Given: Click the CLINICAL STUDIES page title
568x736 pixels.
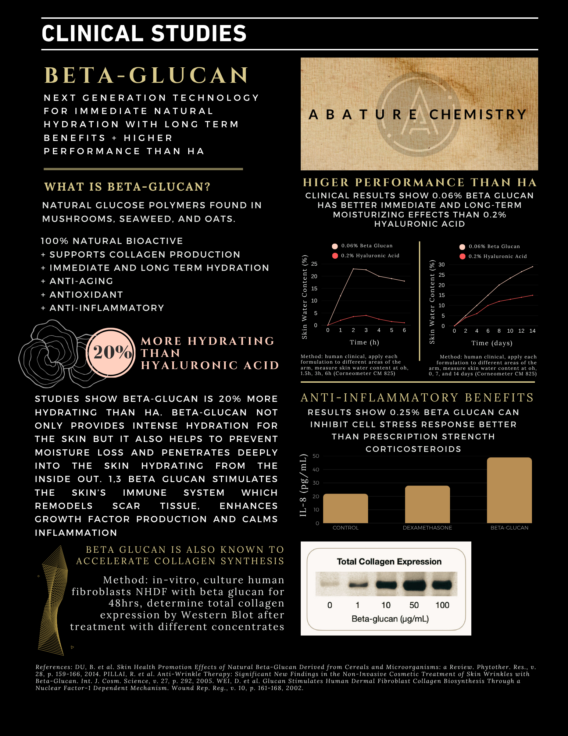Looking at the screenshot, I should pos(144,33).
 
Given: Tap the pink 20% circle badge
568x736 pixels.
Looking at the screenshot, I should pos(111,352).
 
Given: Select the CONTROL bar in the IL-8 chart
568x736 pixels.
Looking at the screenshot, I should pos(345,508).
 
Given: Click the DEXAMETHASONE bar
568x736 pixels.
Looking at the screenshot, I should pos(427,504).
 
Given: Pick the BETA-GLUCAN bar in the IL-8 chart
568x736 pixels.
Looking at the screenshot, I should pos(509,490).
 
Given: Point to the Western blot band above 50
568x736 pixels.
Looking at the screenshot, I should pos(414,584).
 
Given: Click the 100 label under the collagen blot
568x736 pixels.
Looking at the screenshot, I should pos(442,605).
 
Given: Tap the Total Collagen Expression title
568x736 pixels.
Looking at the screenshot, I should pos(389,562).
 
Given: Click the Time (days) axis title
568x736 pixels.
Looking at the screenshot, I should pos(492,343).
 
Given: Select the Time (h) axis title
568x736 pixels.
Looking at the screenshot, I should pos(364,342).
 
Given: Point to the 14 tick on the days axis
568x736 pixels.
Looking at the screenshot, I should pos(532,331).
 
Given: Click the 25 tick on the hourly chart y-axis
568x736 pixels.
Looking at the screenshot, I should pos(314,264).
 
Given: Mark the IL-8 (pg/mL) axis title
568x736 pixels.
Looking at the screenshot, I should pos(303,485).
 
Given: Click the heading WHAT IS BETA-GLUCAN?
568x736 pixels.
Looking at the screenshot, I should pos(127,187).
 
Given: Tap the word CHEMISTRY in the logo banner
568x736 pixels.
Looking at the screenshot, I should pos(478,114).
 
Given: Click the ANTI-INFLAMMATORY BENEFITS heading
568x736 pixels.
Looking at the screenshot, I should pos(417,398).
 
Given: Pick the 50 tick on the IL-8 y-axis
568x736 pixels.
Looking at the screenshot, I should pos(316,456).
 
